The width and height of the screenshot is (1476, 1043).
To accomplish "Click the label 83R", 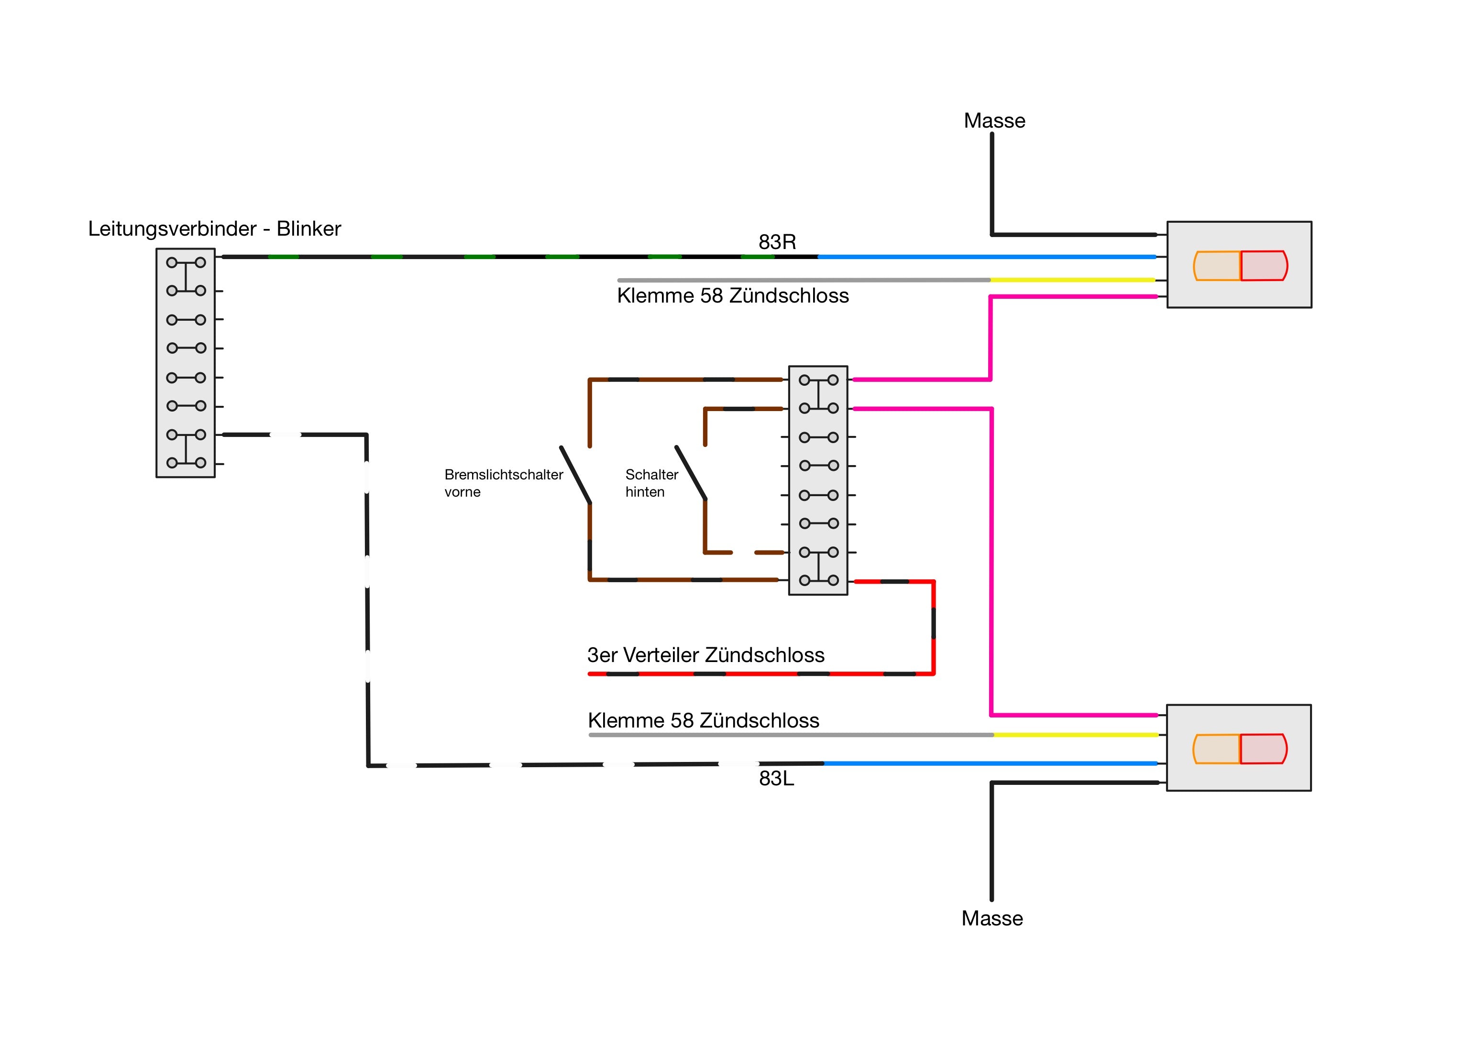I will pos(777,242).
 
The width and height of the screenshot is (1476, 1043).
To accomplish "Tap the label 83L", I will pos(776,778).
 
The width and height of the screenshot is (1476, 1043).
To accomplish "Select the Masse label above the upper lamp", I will pos(994,121).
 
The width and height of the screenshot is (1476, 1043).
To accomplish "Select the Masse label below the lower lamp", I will pos(991,918).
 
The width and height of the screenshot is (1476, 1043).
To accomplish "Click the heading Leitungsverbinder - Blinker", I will pos(214,229).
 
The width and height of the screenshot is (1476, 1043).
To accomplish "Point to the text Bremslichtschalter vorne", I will pos(503,483).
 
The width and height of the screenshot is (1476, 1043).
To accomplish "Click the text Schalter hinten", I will pos(651,483).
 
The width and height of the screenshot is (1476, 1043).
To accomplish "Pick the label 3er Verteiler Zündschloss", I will pos(705,655).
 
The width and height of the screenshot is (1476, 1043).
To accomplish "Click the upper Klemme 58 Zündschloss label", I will pos(732,295).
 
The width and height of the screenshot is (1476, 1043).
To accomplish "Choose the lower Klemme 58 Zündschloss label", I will pos(703,720).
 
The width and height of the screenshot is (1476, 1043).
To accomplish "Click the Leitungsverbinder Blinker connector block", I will pos(185,363).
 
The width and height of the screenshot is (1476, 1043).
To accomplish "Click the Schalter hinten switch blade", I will pos(691,472).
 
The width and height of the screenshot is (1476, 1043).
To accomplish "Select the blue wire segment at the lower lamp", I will pos(990,763).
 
